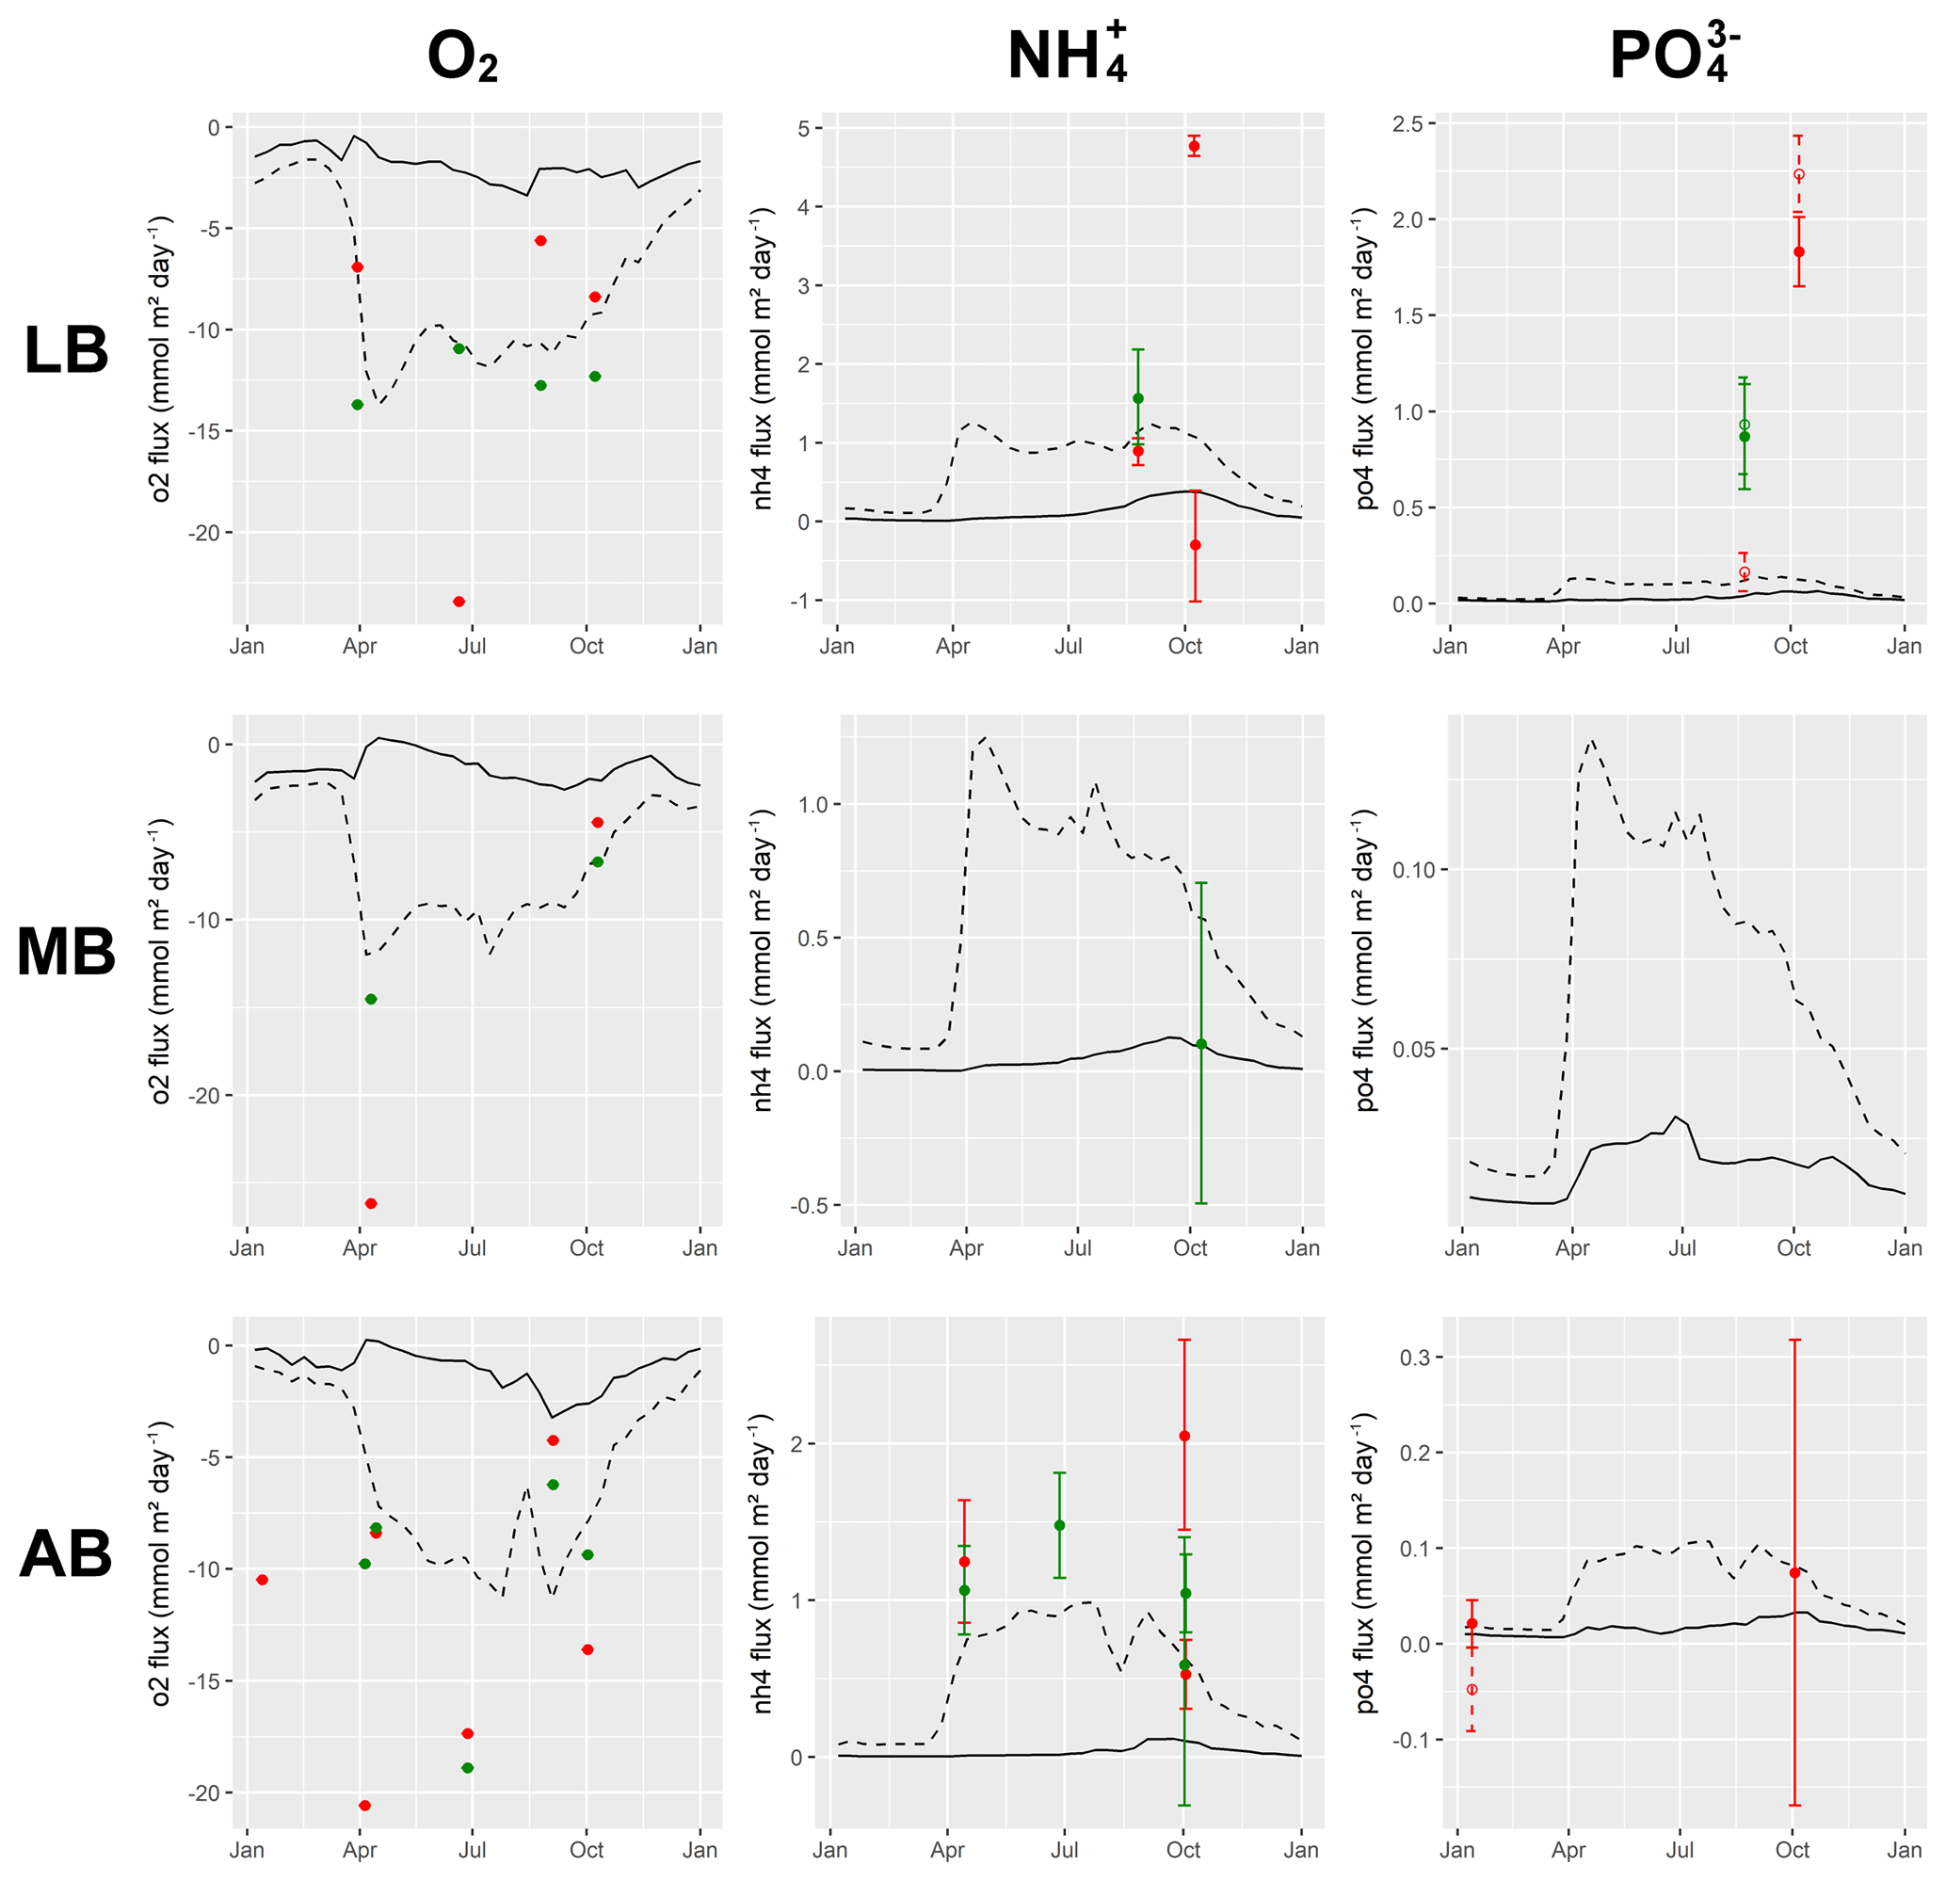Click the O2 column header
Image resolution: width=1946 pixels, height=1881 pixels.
point(461,56)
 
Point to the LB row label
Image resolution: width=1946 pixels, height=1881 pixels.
point(66,350)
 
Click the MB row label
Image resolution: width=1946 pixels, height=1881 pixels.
point(66,952)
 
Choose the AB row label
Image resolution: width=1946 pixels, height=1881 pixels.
point(66,1554)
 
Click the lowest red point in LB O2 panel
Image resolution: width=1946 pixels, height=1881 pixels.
point(458,602)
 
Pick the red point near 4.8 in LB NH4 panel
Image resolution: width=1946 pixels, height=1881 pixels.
point(1195,146)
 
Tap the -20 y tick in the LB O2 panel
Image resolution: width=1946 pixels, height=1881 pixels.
point(204,533)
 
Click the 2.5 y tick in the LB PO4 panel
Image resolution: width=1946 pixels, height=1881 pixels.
point(1407,123)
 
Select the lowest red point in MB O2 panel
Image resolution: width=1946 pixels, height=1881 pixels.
point(371,1203)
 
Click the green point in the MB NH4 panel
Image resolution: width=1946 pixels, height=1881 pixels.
point(1201,1044)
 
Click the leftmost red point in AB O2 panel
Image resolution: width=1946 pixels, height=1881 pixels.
point(262,1579)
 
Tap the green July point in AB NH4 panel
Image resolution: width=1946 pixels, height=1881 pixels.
point(1059,1526)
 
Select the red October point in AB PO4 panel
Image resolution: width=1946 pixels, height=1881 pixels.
point(1795,1573)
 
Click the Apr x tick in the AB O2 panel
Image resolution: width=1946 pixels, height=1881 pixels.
point(360,1850)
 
